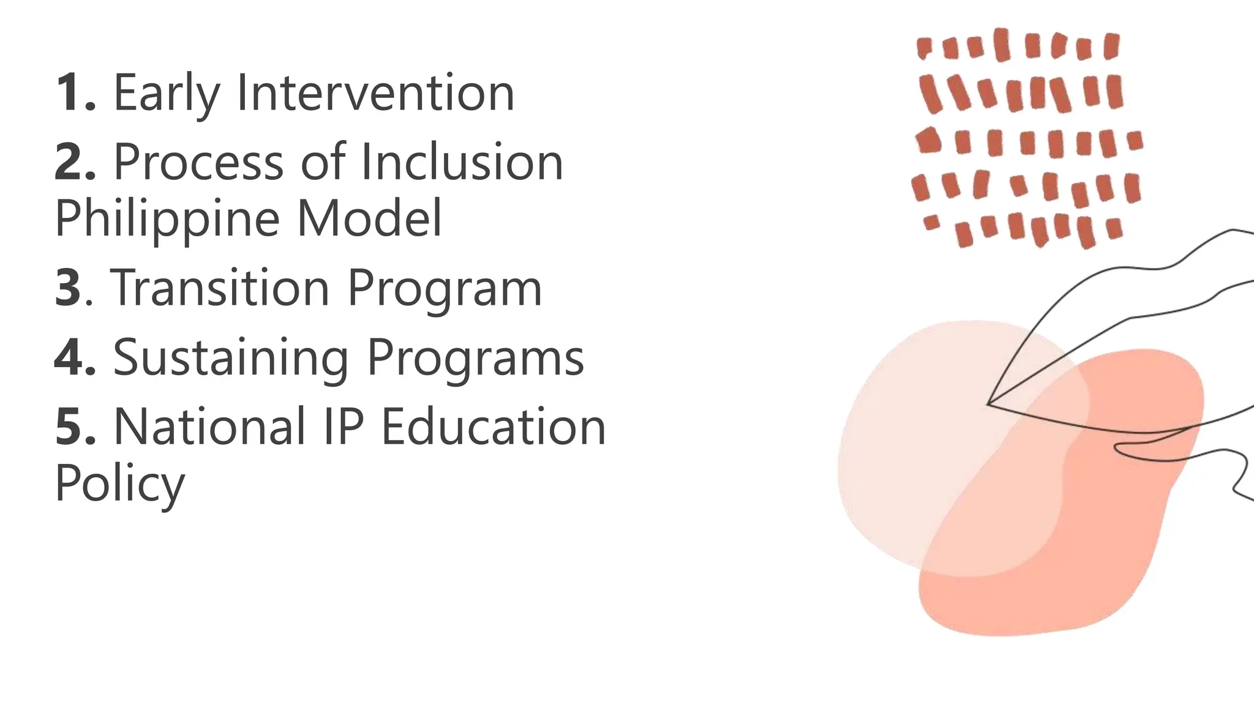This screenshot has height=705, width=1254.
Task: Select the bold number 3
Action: point(68,288)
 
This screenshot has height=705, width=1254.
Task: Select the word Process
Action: point(199,162)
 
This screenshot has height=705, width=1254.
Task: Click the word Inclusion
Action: point(462,162)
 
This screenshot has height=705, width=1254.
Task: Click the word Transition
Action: point(220,288)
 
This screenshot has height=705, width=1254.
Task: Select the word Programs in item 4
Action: point(476,359)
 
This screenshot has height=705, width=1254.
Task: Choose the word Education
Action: point(494,427)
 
